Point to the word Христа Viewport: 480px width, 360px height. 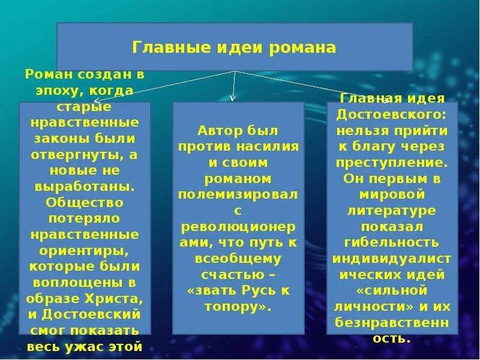[x=119, y=298]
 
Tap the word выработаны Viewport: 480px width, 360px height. [x=85, y=186]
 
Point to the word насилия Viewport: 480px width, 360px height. [x=262, y=146]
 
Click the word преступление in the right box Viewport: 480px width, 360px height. [x=392, y=161]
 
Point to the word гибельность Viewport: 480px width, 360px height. [x=392, y=242]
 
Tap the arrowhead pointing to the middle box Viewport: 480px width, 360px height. [x=233, y=98]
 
